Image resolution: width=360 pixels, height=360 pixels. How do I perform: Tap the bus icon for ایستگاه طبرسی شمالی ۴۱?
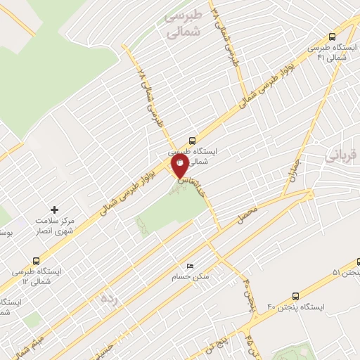pyautogui.click(x=333, y=37)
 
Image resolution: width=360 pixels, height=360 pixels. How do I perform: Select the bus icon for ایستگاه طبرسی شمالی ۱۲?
pyautogui.click(x=37, y=259)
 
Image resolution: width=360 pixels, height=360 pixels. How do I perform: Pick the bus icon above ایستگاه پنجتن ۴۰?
pyautogui.click(x=295, y=296)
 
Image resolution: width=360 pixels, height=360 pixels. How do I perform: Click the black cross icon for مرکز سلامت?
pyautogui.click(x=55, y=210)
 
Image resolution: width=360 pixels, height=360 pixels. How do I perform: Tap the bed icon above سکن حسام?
pyautogui.click(x=190, y=266)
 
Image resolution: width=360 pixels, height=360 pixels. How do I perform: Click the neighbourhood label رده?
pyautogui.click(x=108, y=298)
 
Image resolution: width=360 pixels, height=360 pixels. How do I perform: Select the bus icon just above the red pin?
pyautogui.click(x=193, y=140)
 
